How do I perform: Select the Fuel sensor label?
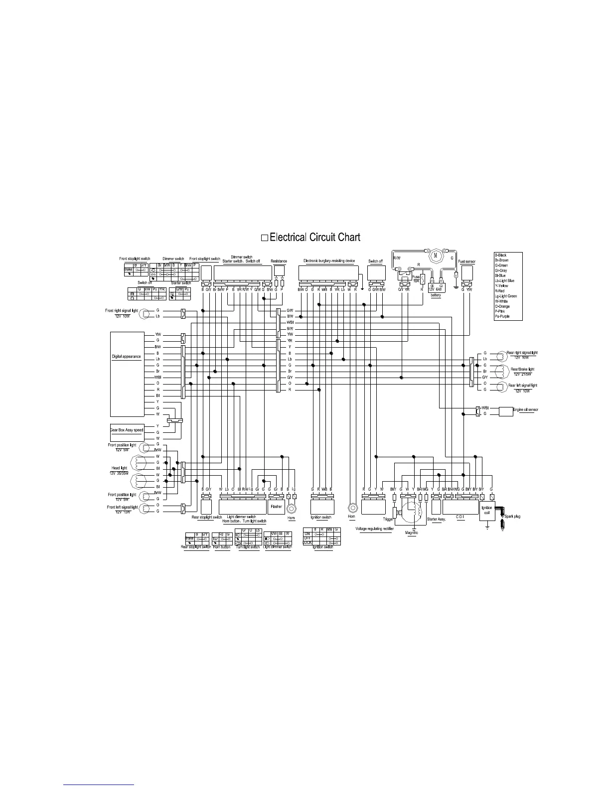tap(466, 262)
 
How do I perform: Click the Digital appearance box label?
tap(126, 357)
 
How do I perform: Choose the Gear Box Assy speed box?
tap(127, 430)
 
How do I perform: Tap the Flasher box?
tap(276, 507)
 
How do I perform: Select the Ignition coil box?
tap(487, 510)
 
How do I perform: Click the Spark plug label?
tap(512, 517)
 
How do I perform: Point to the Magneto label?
tap(412, 533)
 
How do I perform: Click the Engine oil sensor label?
tap(525, 410)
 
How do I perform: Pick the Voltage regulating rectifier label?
tap(374, 528)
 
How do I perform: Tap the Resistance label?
tap(279, 262)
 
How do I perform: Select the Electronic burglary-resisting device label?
tap(329, 261)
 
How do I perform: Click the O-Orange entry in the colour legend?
tap(502, 306)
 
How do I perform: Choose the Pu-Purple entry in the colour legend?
tap(502, 317)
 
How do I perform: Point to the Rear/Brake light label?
tap(522, 369)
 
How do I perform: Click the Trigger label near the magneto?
tap(388, 519)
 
